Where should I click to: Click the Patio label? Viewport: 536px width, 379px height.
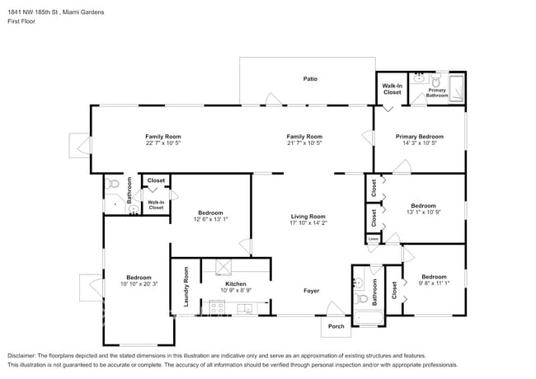309,79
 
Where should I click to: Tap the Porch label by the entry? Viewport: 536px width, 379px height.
336,325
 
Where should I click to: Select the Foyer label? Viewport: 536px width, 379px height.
311,291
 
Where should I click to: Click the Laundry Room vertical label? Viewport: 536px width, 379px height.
186,287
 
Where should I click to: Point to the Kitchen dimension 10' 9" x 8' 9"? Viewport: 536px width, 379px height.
236,291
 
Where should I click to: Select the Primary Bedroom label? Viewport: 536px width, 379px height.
419,137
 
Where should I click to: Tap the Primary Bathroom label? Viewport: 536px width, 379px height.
437,93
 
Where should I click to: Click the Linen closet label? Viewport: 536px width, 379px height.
374,239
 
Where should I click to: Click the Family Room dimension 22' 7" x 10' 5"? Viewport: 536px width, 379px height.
163,143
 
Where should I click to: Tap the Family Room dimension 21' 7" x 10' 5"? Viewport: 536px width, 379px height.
304,143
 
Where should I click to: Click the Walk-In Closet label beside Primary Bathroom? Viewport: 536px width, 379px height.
392,89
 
